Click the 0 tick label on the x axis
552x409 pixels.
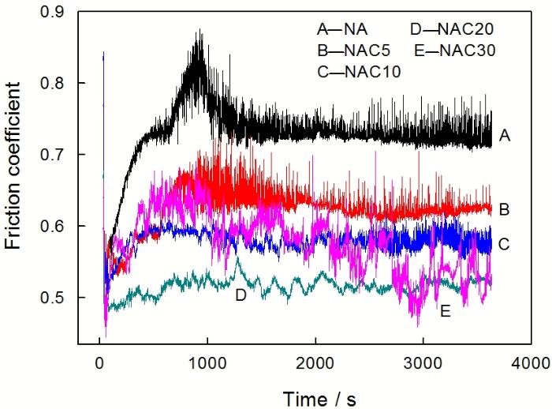[99, 363]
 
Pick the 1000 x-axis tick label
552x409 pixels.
[207, 363]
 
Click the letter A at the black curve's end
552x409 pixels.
[505, 137]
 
